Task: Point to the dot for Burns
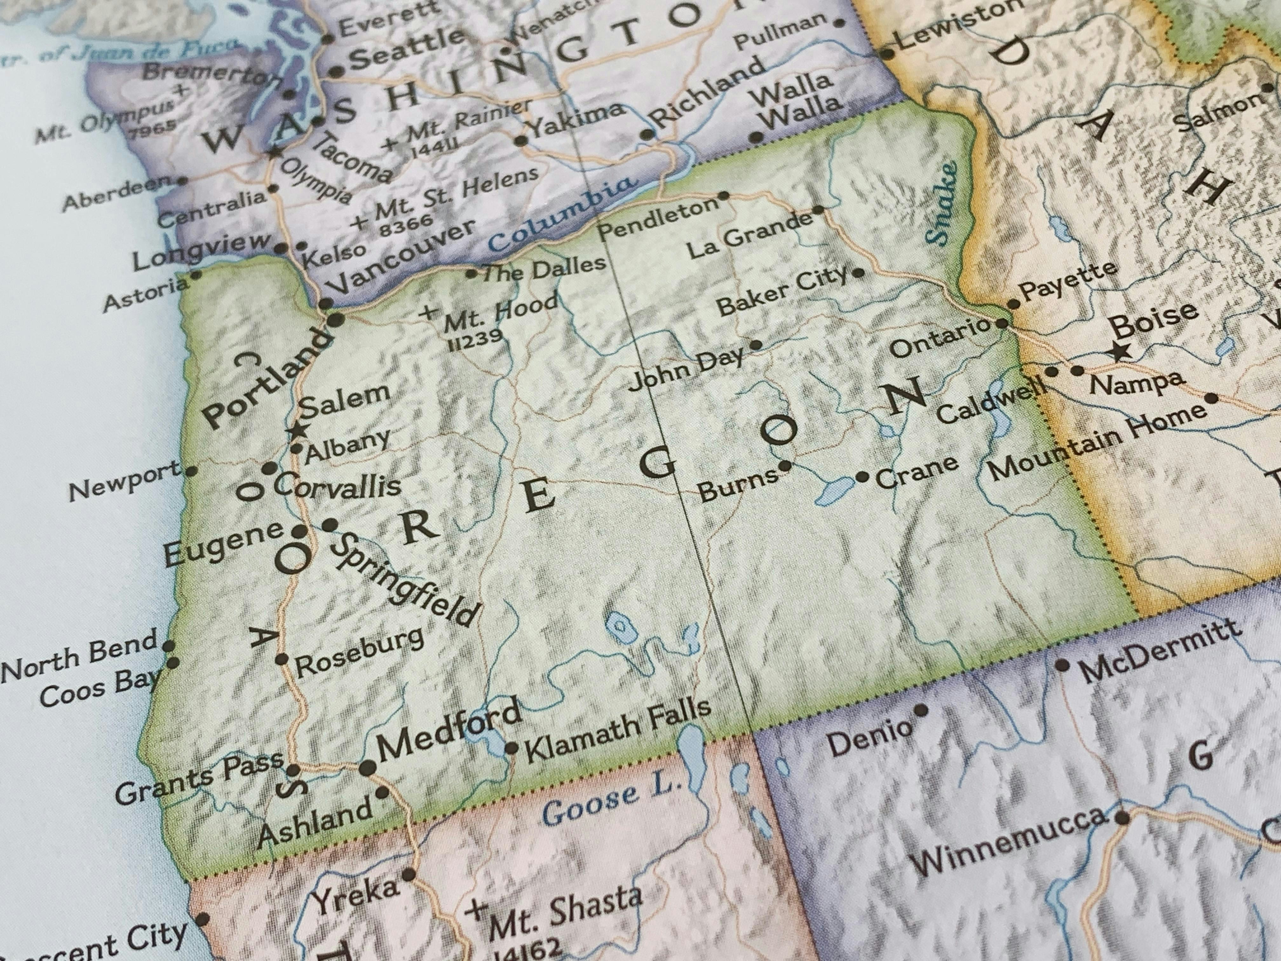[785, 465]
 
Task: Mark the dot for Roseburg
[282, 659]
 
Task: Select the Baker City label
[782, 294]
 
